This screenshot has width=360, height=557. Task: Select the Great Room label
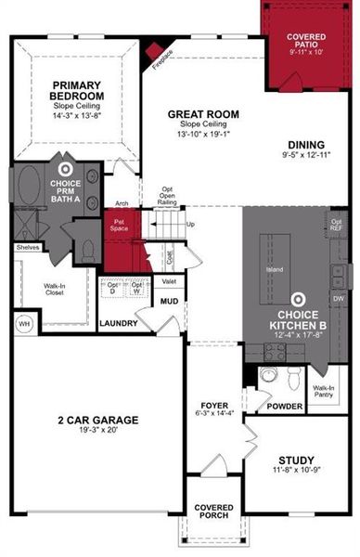[203, 115]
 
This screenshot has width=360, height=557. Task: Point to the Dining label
[305, 145]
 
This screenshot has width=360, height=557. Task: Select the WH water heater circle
[23, 324]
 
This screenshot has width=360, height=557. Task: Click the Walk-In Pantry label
[324, 392]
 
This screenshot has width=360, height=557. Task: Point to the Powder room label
[283, 406]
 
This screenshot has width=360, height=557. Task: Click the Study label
[296, 460]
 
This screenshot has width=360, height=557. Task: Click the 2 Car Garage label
[96, 420]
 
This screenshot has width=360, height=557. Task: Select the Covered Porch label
[214, 512]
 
